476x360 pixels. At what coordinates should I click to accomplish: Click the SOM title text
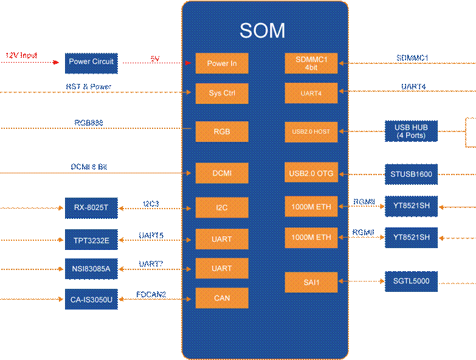tap(262, 31)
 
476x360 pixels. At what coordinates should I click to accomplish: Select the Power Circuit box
tap(91, 63)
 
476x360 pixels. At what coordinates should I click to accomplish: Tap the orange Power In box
tap(221, 63)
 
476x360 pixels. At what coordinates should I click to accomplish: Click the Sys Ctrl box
tap(221, 94)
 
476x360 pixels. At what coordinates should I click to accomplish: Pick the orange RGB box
tap(221, 132)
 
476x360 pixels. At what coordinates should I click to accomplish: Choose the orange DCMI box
tap(221, 173)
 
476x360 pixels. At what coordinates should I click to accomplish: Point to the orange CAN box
tap(221, 298)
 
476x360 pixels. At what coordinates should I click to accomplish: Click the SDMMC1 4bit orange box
tap(311, 63)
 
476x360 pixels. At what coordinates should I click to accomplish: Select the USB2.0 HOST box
tap(311, 132)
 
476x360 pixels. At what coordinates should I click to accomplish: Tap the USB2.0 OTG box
tap(311, 173)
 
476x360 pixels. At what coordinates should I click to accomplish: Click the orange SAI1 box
tap(311, 282)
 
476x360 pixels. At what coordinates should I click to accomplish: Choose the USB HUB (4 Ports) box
tap(411, 131)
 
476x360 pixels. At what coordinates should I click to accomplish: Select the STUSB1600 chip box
tap(411, 175)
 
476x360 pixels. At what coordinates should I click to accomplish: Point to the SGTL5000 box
tap(411, 282)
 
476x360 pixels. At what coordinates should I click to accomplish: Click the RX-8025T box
tap(91, 208)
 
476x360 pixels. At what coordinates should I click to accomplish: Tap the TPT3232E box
tap(91, 240)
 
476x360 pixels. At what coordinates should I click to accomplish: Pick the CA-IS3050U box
tap(91, 299)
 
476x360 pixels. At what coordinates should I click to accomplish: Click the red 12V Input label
tap(21, 56)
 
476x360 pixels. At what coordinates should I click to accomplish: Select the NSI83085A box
tap(91, 269)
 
